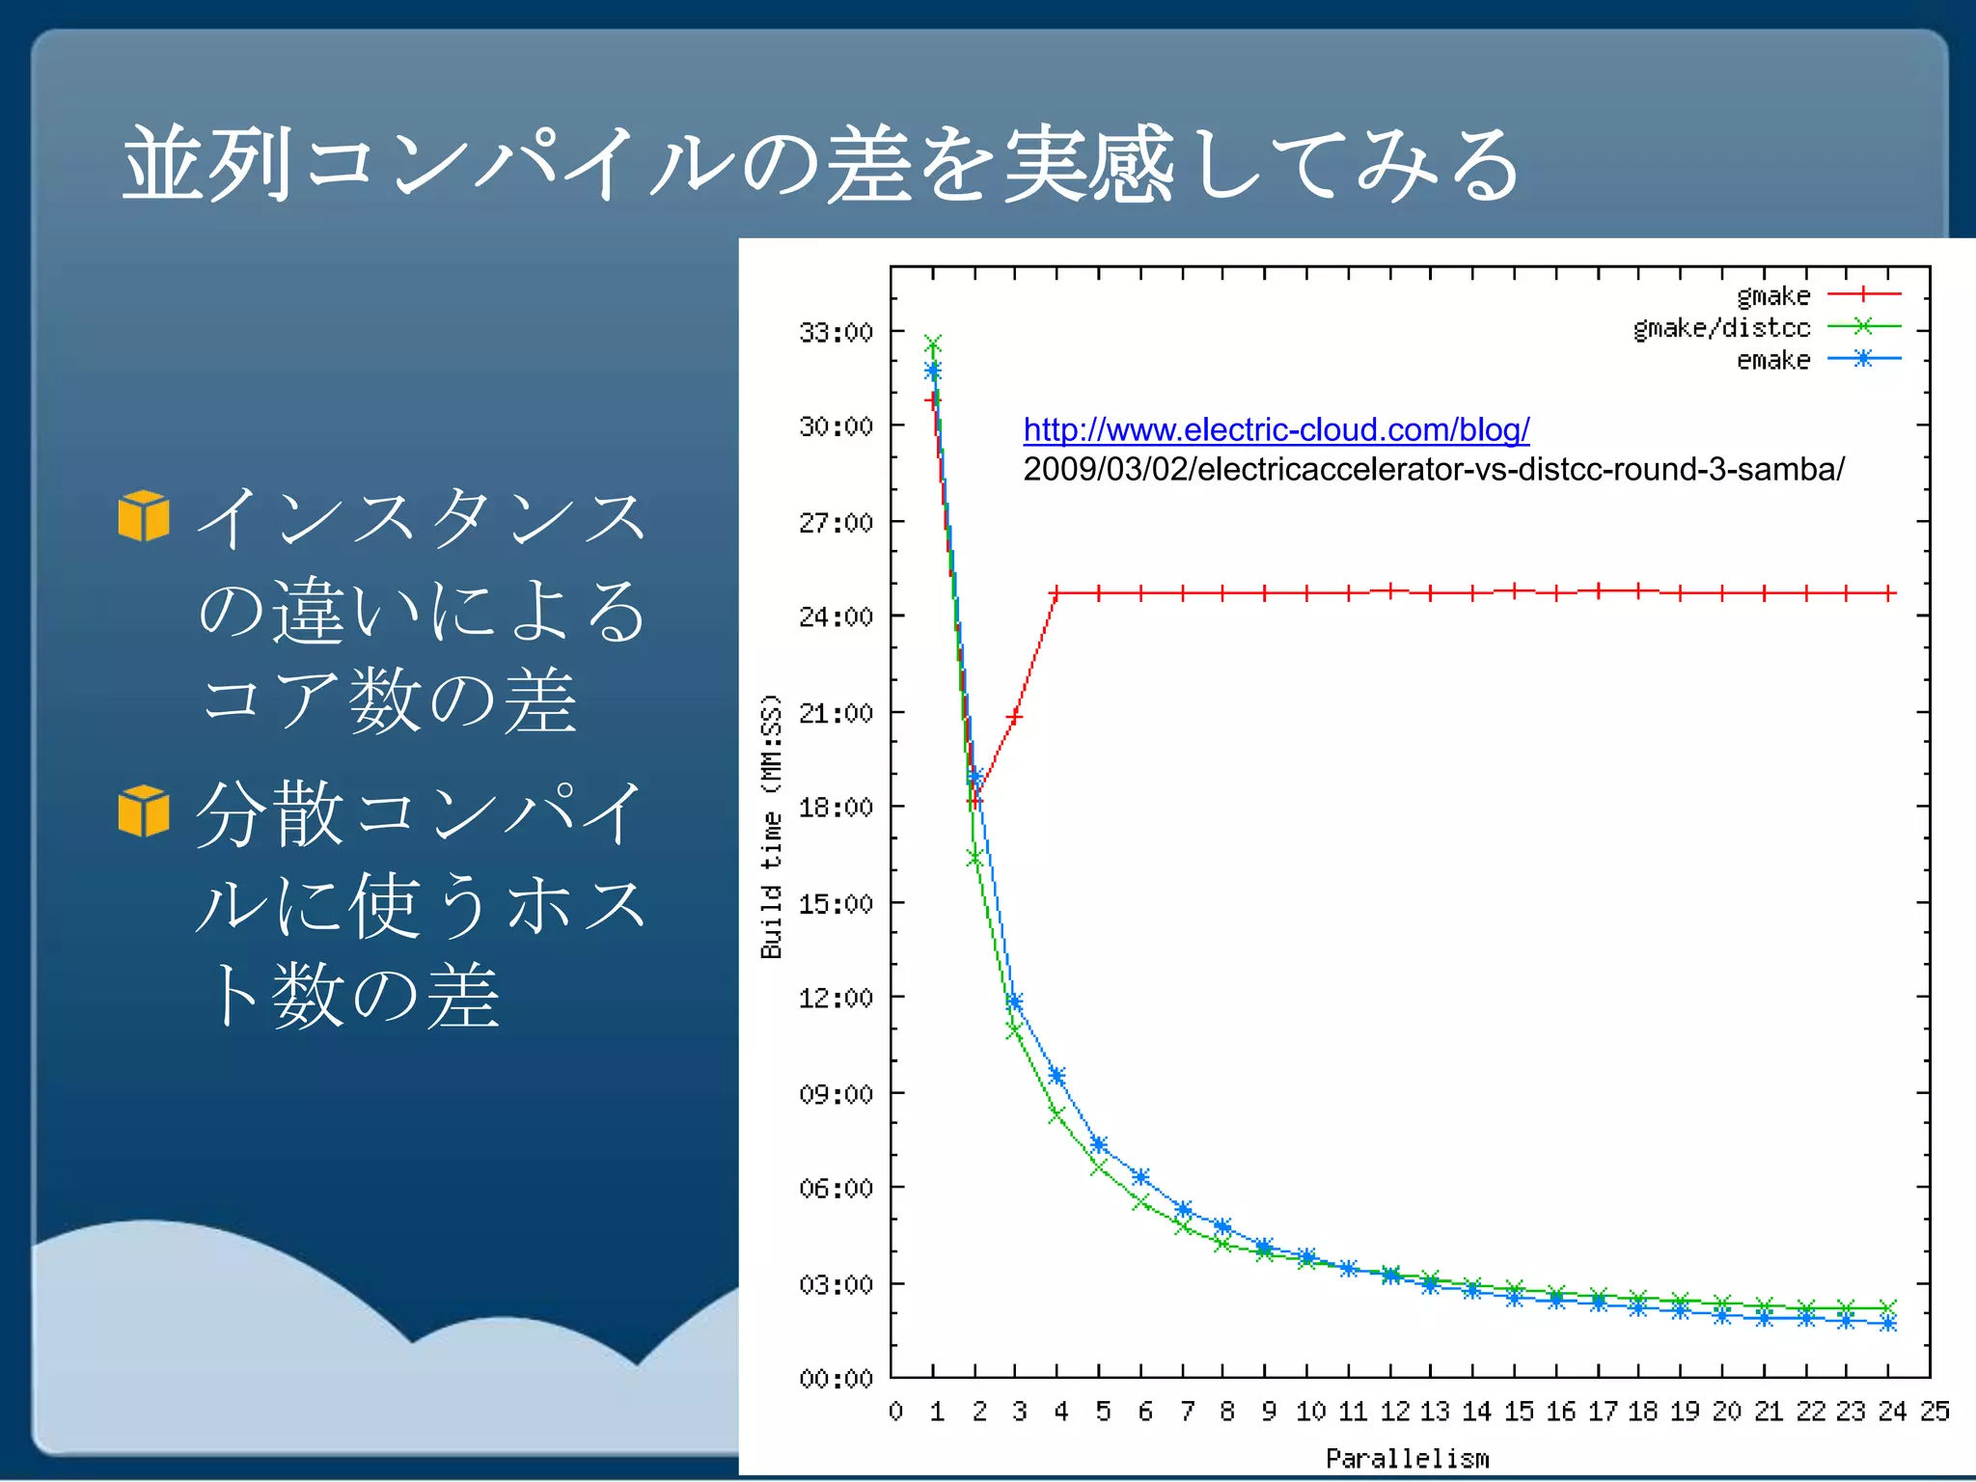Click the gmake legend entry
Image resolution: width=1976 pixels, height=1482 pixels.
pyautogui.click(x=1773, y=295)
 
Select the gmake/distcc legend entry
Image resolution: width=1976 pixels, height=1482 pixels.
pyautogui.click(x=1721, y=328)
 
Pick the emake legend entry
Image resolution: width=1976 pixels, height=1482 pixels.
pyautogui.click(x=1773, y=360)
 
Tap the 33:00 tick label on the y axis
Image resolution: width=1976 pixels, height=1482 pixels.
pyautogui.click(x=836, y=332)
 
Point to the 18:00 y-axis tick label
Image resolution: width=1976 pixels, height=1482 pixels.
pyautogui.click(x=836, y=807)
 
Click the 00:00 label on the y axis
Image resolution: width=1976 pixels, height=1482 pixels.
pyautogui.click(x=836, y=1379)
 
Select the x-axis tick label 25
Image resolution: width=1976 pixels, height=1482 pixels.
pyautogui.click(x=1935, y=1412)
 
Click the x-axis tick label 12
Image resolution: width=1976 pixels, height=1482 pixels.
pyautogui.click(x=1394, y=1412)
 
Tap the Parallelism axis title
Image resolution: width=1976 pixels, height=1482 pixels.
pyautogui.click(x=1407, y=1458)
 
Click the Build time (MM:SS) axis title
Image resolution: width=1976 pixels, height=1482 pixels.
pyautogui.click(x=771, y=827)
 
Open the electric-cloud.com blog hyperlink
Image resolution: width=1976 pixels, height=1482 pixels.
pyautogui.click(x=1276, y=429)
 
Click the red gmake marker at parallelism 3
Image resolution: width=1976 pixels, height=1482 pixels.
pyautogui.click(x=1014, y=717)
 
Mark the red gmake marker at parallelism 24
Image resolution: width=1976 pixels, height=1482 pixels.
pyautogui.click(x=1888, y=592)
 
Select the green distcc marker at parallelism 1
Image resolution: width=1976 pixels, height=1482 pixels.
pyautogui.click(x=932, y=343)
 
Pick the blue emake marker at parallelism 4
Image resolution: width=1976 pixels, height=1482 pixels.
pyautogui.click(x=1057, y=1076)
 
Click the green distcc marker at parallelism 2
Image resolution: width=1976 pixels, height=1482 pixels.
pyautogui.click(x=974, y=858)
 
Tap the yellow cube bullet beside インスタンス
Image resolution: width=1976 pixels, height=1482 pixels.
pyautogui.click(x=144, y=515)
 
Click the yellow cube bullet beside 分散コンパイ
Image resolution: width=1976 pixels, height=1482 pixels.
pyautogui.click(x=144, y=810)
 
